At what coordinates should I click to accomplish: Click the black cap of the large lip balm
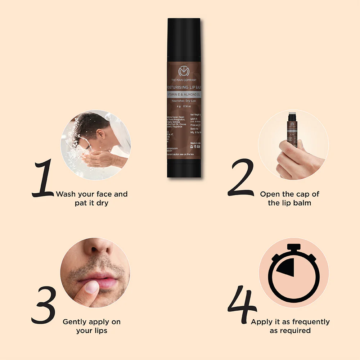(184, 40)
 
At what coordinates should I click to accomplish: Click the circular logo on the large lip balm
(184, 71)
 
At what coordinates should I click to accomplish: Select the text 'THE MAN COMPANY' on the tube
(184, 80)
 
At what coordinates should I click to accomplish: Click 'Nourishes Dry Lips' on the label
(184, 101)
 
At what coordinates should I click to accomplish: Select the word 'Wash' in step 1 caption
(65, 194)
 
